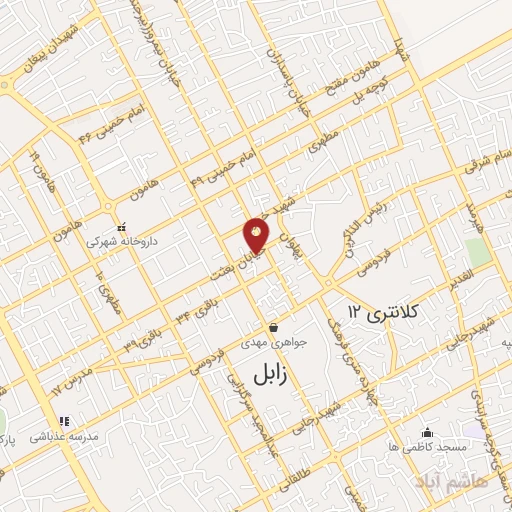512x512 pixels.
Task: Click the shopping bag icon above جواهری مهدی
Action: pos(273,328)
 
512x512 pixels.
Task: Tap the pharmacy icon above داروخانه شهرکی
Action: pos(123,227)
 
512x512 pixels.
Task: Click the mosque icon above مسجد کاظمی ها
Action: pos(427,432)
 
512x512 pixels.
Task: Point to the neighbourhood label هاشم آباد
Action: pos(436,484)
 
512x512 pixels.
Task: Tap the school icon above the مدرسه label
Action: pos(64,421)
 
